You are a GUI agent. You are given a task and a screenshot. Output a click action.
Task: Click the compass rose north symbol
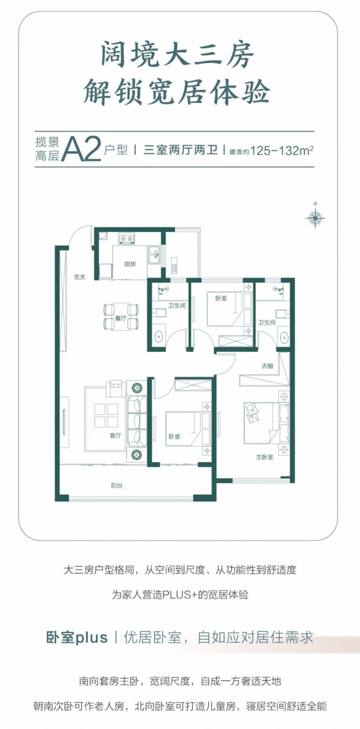click(315, 217)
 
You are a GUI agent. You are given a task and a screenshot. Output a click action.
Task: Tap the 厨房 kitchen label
click(130, 264)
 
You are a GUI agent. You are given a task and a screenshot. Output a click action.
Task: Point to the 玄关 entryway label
click(80, 277)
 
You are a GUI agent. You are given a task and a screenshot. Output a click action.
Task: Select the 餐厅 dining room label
click(120, 318)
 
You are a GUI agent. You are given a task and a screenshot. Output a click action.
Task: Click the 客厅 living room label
click(115, 435)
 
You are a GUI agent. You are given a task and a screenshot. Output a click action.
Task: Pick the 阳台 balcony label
click(116, 486)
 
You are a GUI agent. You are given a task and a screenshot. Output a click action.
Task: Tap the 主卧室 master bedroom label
click(264, 457)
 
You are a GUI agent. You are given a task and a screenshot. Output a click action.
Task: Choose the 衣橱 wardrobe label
click(268, 366)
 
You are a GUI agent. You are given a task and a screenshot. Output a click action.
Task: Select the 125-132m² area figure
click(282, 151)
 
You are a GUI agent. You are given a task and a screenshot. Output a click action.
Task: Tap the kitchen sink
click(153, 255)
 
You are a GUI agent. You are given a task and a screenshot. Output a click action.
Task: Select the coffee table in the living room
click(106, 415)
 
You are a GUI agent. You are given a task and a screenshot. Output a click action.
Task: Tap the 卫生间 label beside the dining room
click(177, 306)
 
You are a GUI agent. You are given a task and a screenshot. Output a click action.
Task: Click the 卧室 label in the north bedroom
click(221, 298)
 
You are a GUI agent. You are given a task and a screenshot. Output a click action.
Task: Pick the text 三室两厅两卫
click(181, 151)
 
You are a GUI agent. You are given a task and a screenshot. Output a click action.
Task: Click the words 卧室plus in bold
click(77, 638)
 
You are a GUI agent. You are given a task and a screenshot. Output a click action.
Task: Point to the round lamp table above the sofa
click(137, 388)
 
